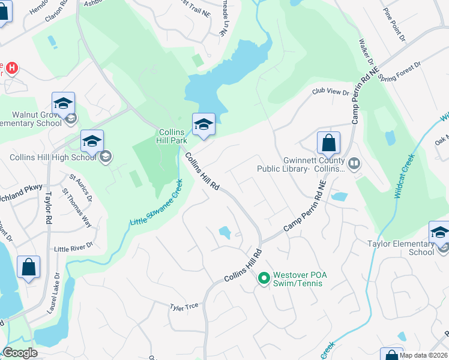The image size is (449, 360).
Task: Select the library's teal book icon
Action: pyautogui.click(x=354, y=163)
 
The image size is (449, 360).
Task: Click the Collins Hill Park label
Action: pyautogui.click(x=174, y=136)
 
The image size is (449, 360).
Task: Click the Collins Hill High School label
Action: pyautogui.click(x=52, y=157)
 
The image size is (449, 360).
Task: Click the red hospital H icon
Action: pyautogui.click(x=10, y=68)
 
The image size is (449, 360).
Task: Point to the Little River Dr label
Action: pyautogui.click(x=74, y=248)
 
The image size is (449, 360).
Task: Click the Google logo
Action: pyautogui.click(x=20, y=353)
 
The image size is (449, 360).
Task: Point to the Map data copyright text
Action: pyautogui.click(x=423, y=355)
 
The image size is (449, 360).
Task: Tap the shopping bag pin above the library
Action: pyautogui.click(x=328, y=143)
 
